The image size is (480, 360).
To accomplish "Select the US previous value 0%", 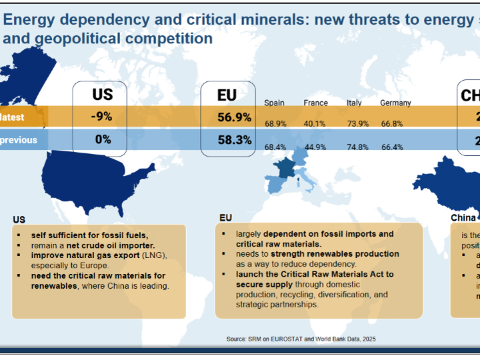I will point(102,140).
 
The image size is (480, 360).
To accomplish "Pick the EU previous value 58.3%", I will point(234,140).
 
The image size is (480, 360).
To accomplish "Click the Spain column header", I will point(274,103).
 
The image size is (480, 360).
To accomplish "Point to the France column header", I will point(316,103).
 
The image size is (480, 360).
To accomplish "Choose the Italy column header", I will point(354,103).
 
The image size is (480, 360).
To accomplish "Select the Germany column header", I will point(396,103).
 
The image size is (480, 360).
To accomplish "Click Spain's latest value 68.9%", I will point(276,124).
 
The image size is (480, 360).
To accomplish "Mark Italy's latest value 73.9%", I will point(358,124).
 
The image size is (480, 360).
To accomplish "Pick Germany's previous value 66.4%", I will point(392,147).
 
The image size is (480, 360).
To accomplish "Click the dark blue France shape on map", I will point(286,168).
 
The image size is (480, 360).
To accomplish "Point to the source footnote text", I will point(301,339).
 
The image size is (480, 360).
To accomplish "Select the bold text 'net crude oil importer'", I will point(110,245).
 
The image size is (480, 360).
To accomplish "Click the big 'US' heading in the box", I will point(102,94).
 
